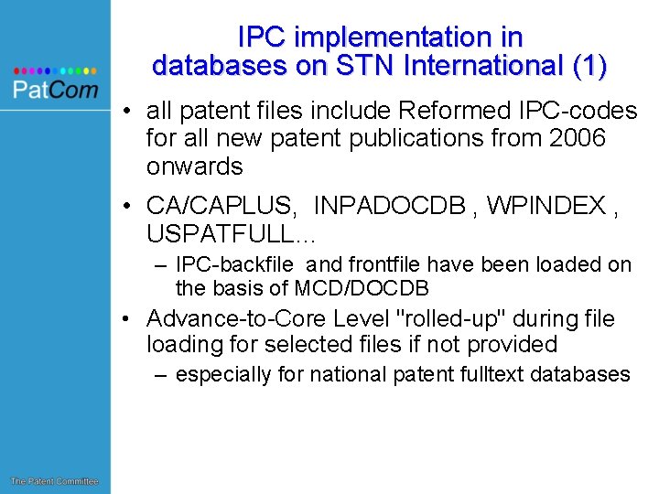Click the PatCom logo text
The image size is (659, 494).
point(55,89)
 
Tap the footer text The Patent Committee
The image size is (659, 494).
point(54,481)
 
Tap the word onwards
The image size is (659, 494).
point(194,166)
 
